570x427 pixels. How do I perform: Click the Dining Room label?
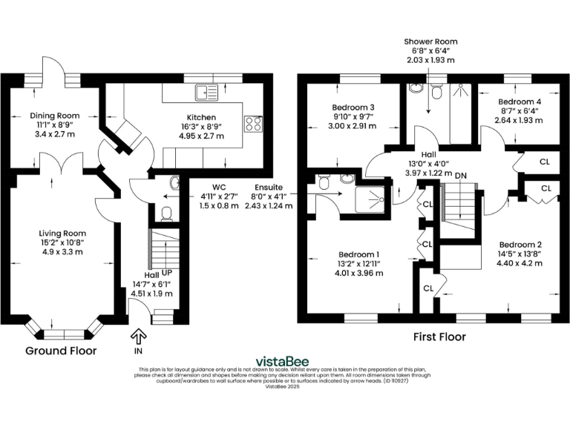(54, 116)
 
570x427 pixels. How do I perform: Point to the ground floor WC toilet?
(167, 213)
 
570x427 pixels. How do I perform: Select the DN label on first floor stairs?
(460, 175)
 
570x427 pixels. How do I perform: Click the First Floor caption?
(439, 337)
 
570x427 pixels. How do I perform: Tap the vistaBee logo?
(284, 362)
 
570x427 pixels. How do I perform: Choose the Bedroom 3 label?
(353, 107)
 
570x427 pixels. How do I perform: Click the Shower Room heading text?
(430, 42)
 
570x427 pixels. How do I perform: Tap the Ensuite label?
(267, 187)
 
